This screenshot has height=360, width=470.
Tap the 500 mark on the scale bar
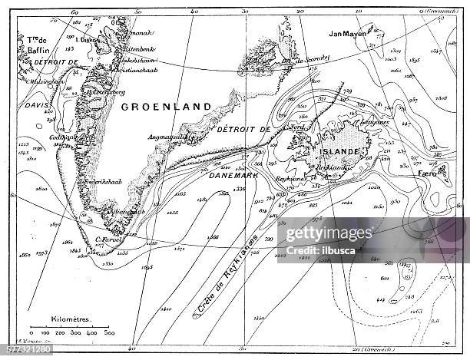110,334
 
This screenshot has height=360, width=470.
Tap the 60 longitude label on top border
74,12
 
